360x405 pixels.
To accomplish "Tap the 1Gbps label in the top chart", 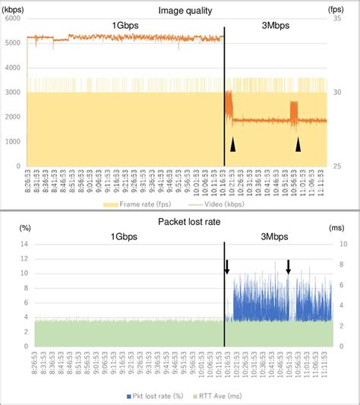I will click(x=125, y=25).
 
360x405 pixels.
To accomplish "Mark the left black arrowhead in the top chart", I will click(x=234, y=144).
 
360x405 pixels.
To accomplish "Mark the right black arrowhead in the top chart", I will click(x=298, y=144).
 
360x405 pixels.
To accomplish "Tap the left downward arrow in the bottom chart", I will click(x=226, y=267).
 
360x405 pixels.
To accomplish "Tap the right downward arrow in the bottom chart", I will click(x=288, y=267).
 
